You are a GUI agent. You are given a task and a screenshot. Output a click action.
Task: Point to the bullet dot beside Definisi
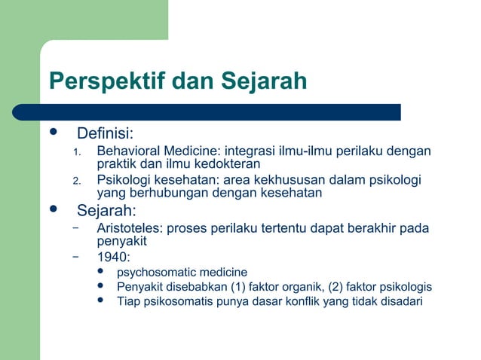[x=53, y=133]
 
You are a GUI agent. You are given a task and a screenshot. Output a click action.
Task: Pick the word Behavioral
[x=128, y=151]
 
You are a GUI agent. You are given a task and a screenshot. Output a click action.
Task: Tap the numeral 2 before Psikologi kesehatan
[x=75, y=180]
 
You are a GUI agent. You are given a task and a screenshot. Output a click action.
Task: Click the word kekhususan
[x=293, y=179]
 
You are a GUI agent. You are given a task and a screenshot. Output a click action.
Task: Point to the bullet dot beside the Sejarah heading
[x=53, y=209]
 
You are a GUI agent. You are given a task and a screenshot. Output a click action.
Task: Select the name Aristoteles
[x=129, y=228]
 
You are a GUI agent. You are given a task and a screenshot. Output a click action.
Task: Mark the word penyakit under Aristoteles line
[x=121, y=241]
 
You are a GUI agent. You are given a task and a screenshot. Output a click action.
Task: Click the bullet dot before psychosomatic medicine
[x=102, y=272]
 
